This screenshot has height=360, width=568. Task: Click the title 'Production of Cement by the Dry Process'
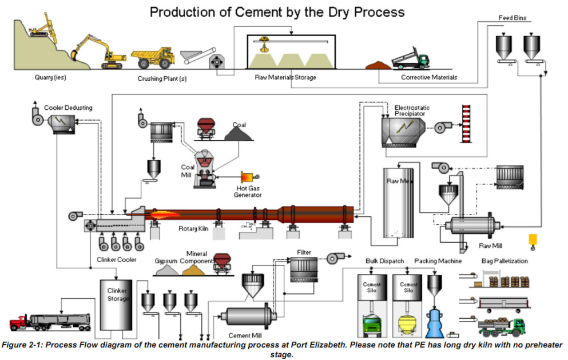pyautogui.click(x=277, y=12)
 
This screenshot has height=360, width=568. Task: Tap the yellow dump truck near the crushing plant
pyautogui.click(x=153, y=57)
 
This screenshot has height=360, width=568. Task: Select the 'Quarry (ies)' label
pyautogui.click(x=50, y=77)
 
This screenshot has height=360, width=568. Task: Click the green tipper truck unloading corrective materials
pyautogui.click(x=410, y=60)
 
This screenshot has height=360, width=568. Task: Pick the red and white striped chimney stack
pyautogui.click(x=465, y=125)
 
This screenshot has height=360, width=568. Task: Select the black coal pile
pyautogui.click(x=239, y=134)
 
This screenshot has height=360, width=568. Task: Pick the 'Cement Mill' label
pyautogui.click(x=245, y=335)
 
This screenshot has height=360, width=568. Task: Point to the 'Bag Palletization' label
pyautogui.click(x=504, y=261)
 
